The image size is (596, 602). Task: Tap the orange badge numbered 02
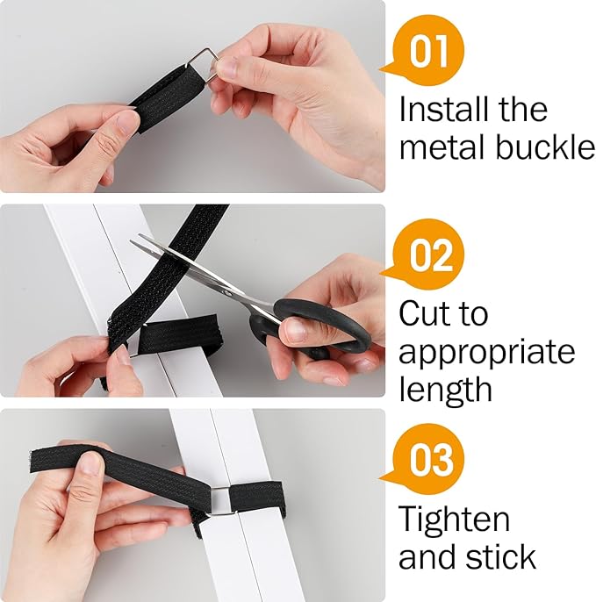[431, 254]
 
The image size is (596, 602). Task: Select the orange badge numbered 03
[431, 460]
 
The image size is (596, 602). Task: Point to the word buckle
[545, 147]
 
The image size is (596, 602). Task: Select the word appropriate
[487, 353]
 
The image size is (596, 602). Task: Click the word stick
[503, 556]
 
